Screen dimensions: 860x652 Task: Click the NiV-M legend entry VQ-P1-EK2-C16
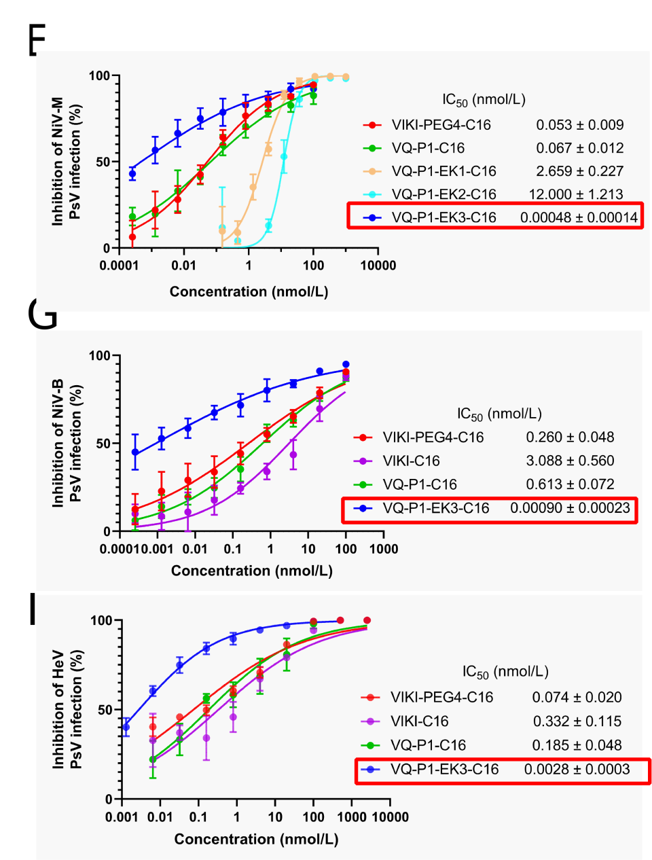coord(443,194)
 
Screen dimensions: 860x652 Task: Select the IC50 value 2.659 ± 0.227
coord(579,171)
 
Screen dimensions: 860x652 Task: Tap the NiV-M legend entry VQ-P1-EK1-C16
coord(443,171)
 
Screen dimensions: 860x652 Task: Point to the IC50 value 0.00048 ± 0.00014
coord(579,217)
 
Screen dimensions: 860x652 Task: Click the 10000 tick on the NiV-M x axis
coord(378,266)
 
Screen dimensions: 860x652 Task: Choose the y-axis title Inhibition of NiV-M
coord(58,162)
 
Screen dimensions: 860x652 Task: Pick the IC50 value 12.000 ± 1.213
coord(576,194)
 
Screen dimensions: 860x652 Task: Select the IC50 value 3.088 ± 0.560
coord(570,461)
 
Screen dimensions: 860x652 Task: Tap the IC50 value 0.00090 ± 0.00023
coord(570,509)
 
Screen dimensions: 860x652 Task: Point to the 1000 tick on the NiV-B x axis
coord(384,549)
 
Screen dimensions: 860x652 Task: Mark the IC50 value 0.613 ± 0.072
coord(570,485)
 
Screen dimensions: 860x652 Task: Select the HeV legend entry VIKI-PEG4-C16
coord(441,698)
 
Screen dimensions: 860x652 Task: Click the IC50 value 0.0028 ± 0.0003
coord(577,770)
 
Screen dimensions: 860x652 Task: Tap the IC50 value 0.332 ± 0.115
coord(577,721)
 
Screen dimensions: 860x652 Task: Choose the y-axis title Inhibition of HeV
coord(58,709)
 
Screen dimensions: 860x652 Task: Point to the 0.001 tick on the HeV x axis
coord(122,817)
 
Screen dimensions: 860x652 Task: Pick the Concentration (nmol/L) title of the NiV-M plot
coord(249,292)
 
